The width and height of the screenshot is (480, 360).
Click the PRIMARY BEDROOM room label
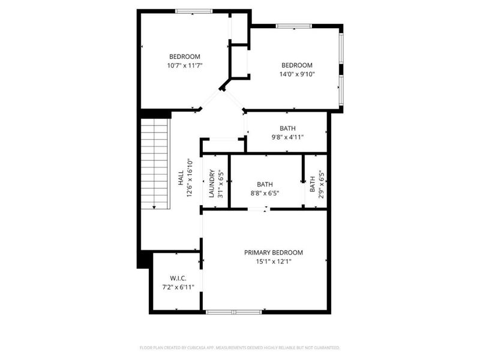274,253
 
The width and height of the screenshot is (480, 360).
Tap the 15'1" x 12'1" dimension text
274,262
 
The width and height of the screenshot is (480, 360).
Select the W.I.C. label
178,278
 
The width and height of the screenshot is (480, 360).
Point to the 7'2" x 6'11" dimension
178,287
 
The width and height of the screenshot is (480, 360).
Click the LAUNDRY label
212,184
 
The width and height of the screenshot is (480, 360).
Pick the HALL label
181,178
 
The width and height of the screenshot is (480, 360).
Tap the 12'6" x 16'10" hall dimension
190,178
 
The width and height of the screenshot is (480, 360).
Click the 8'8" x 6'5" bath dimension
265,193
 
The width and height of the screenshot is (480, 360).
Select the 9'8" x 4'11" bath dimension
287,137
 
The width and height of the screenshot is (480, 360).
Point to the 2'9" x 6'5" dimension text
321,184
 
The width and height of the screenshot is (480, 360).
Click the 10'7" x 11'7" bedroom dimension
185,65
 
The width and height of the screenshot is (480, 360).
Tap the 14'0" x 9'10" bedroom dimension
297,74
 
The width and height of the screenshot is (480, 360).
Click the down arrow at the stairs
154,207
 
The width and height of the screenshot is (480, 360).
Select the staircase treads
155,163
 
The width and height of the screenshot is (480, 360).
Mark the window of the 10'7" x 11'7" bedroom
194,11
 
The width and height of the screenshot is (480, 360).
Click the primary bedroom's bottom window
234,312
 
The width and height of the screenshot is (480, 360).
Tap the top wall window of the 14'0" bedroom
293,26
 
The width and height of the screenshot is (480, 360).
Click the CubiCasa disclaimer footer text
239,348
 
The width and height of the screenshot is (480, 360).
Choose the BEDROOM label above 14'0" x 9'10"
297,65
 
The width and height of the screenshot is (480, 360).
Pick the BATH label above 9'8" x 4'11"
287,128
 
